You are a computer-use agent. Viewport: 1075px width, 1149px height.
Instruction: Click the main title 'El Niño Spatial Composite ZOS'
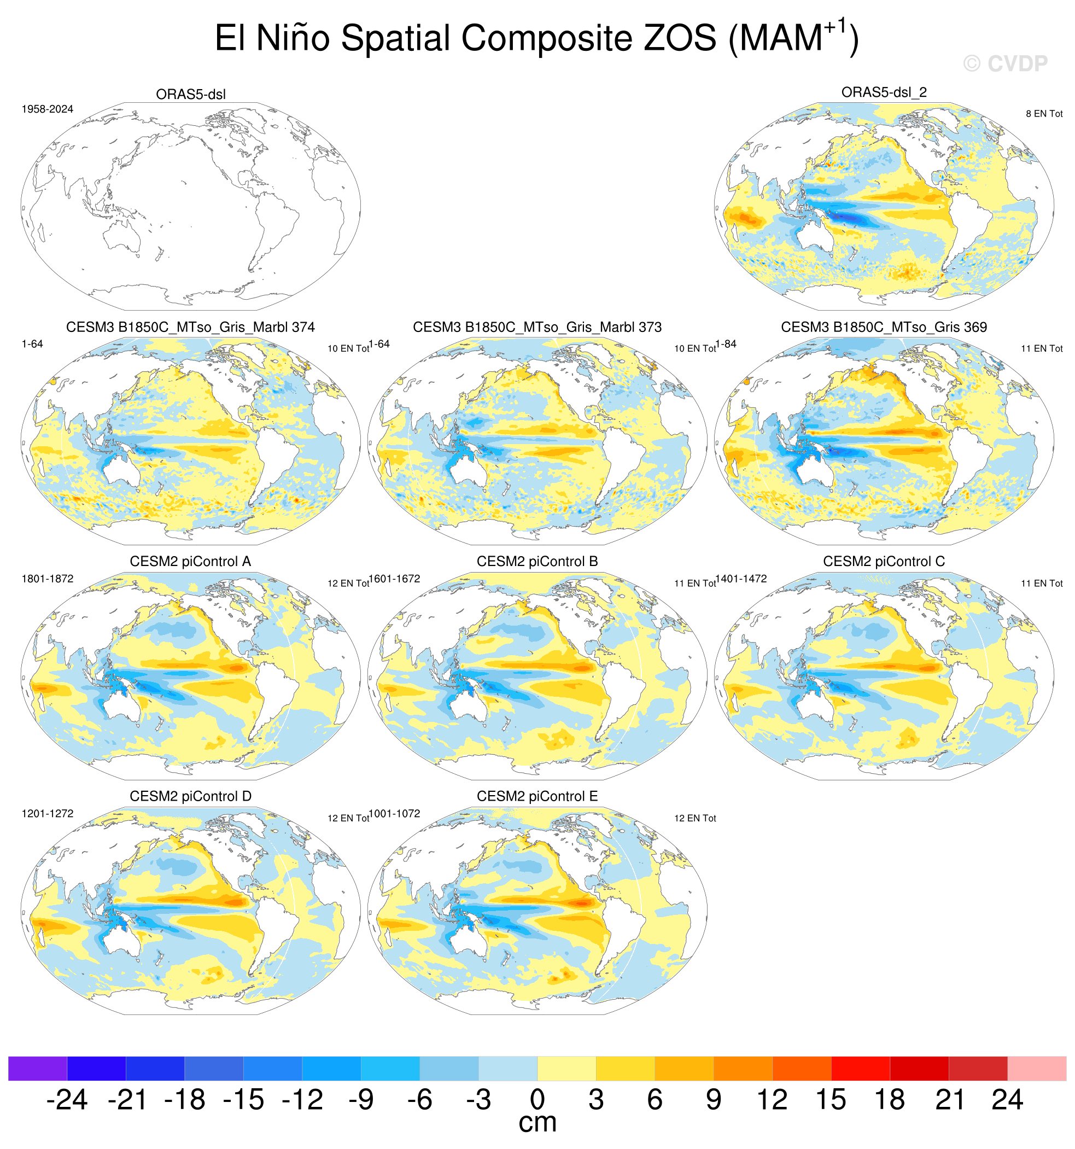click(465, 38)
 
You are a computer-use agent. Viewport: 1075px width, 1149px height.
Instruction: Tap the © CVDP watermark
click(1005, 63)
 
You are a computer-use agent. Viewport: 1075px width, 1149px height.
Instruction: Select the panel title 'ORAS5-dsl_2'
click(884, 92)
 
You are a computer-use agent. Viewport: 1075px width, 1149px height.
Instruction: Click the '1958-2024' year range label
click(48, 109)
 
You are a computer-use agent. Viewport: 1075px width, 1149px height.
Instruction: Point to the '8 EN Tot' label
click(1044, 114)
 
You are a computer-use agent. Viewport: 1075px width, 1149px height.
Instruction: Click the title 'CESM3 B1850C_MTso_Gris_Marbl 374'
click(190, 327)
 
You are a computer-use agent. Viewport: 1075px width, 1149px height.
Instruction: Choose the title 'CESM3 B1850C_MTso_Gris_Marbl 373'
click(537, 327)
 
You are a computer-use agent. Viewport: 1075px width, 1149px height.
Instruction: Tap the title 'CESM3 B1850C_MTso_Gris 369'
click(884, 327)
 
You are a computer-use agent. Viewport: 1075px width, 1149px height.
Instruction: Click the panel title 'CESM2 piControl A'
click(190, 562)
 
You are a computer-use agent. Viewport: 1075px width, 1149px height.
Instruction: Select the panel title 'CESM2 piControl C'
click(884, 562)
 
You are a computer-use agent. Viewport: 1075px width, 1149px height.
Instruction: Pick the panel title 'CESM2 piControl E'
click(537, 796)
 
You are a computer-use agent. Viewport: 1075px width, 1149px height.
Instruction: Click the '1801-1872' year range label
click(48, 579)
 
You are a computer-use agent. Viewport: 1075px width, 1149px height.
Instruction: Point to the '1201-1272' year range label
click(48, 814)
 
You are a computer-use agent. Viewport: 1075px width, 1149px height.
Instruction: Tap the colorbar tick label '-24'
click(67, 1100)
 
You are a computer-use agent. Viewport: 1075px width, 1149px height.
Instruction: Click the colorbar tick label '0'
click(537, 1100)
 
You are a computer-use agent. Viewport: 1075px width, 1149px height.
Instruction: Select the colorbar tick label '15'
click(831, 1100)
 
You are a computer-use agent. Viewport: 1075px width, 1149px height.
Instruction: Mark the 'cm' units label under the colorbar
click(537, 1123)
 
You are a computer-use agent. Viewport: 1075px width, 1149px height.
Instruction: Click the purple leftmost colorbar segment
click(38, 1069)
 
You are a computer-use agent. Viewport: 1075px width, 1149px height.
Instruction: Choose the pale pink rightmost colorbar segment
click(1037, 1069)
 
